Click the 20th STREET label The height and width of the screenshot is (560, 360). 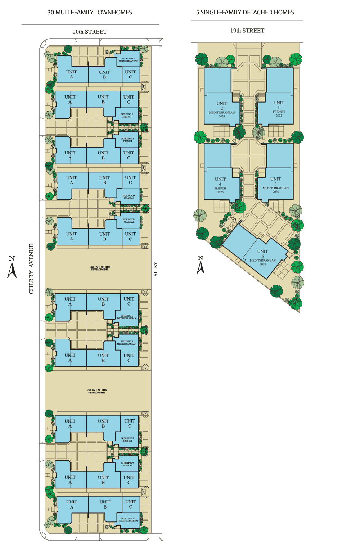click(x=90, y=32)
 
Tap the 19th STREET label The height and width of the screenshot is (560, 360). click(x=247, y=31)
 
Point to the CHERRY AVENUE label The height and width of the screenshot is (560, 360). click(x=31, y=269)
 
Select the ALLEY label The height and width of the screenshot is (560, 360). click(x=156, y=269)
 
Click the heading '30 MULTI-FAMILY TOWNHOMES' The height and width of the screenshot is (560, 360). click(x=90, y=12)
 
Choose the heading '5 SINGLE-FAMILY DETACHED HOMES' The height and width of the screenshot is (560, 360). click(x=245, y=12)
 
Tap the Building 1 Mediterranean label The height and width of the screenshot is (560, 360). click(x=129, y=60)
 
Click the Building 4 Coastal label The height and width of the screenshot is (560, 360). click(x=129, y=197)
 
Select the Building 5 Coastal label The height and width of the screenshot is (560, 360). click(x=129, y=221)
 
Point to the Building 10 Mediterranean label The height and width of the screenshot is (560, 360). click(x=128, y=520)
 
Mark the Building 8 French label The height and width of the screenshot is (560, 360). click(x=127, y=439)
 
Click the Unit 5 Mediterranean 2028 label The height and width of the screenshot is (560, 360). click(x=263, y=258)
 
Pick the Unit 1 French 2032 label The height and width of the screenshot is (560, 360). click(x=279, y=109)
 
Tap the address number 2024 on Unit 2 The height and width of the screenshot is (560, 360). click(x=222, y=116)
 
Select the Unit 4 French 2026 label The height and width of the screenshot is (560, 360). click(x=220, y=185)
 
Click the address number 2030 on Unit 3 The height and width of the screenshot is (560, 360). click(x=276, y=192)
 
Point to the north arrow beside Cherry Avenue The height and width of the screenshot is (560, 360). click(x=12, y=267)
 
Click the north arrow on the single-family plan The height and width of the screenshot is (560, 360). click(x=201, y=265)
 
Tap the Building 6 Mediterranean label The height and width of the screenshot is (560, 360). click(x=127, y=317)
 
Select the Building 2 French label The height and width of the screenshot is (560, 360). click(x=127, y=116)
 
